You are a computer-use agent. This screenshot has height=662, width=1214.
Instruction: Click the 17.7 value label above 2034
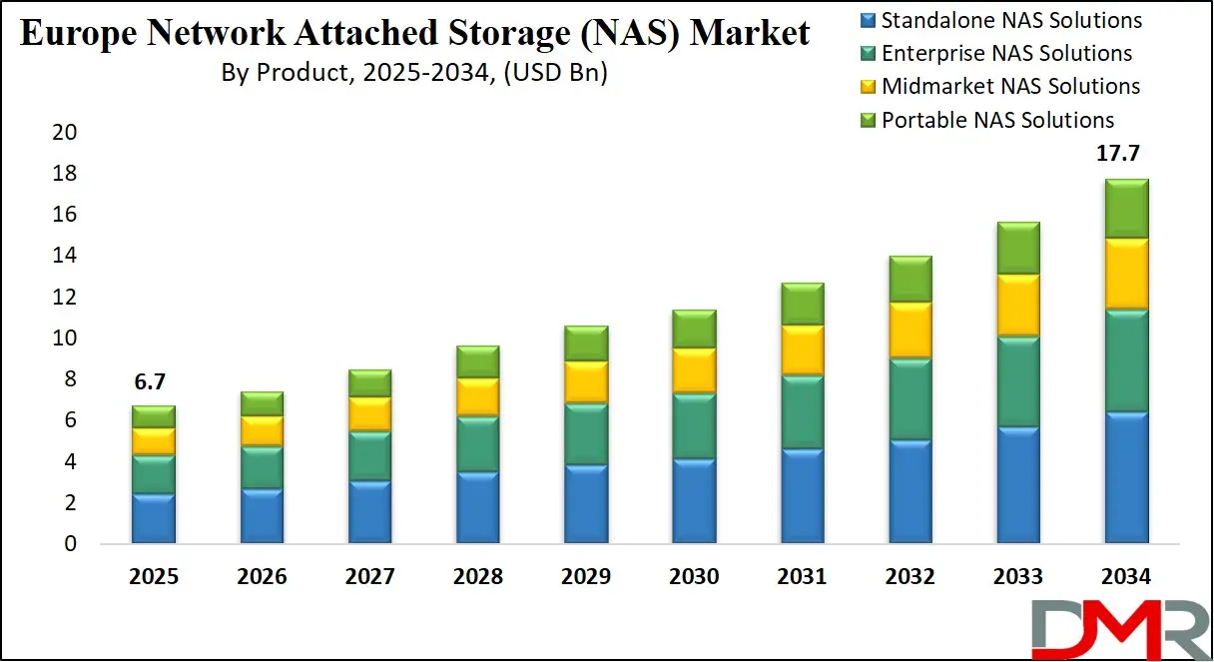(x=1119, y=154)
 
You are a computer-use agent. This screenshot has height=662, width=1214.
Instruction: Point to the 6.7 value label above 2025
(x=153, y=380)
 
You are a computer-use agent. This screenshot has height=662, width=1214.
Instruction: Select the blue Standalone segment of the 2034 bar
(x=1119, y=477)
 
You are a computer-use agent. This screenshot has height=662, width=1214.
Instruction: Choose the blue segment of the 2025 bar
(x=153, y=518)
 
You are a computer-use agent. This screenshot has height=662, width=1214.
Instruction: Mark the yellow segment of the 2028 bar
(x=477, y=396)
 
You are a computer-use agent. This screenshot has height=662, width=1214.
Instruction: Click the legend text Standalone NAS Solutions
(x=1011, y=20)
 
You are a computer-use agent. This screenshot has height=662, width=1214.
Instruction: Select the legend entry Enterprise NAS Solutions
(x=1006, y=53)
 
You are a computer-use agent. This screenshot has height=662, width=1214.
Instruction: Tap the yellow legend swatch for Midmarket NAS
(x=866, y=87)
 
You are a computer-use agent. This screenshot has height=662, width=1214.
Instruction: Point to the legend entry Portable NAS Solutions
(x=997, y=120)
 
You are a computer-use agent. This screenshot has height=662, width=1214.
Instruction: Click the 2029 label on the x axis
(x=585, y=577)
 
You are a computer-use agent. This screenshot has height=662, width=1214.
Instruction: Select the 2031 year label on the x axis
(x=802, y=577)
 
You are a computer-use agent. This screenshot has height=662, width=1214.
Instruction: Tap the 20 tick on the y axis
(x=64, y=133)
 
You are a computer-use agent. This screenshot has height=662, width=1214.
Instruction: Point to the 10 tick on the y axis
(x=64, y=338)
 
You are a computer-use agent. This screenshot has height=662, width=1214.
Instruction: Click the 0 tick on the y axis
(x=70, y=544)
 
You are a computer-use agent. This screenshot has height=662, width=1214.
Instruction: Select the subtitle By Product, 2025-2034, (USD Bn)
(x=415, y=73)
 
